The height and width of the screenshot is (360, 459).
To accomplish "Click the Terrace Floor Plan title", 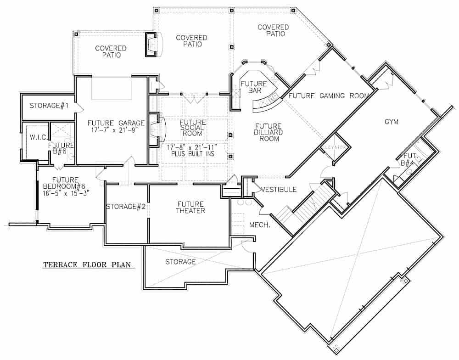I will click(x=87, y=265).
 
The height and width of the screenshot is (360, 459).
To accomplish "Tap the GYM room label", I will click(x=392, y=122).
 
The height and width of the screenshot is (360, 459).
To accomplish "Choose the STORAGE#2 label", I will click(x=126, y=207).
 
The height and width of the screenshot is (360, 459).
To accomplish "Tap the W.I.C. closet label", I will click(x=36, y=137).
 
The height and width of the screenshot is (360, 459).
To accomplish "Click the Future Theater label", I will click(x=191, y=207).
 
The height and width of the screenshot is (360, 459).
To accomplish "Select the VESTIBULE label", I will click(x=279, y=189).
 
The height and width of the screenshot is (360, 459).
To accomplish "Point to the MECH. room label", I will click(x=258, y=225).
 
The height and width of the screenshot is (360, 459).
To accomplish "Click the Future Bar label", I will click(x=253, y=87).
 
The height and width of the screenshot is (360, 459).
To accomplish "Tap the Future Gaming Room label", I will click(x=329, y=96).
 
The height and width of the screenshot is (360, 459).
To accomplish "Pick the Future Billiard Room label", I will click(x=269, y=132).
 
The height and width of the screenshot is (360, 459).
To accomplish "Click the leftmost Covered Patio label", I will click(x=111, y=51).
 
